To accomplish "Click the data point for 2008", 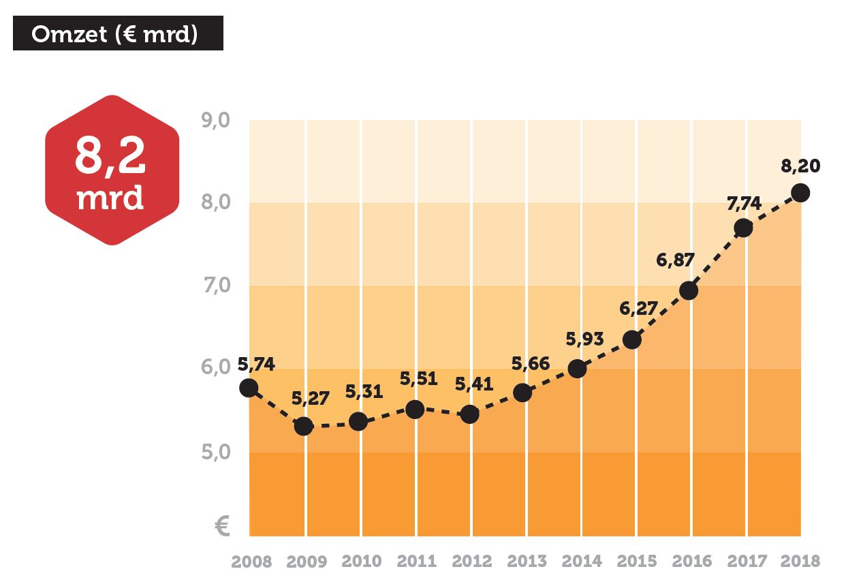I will pyautogui.click(x=249, y=388).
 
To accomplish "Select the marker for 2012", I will pyautogui.click(x=469, y=414).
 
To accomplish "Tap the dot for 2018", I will pyautogui.click(x=800, y=193).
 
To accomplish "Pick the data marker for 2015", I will pyautogui.click(x=632, y=339).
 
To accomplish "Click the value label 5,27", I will pyautogui.click(x=310, y=399).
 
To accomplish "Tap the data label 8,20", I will pyautogui.click(x=801, y=166).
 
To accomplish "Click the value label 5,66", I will pyautogui.click(x=531, y=363).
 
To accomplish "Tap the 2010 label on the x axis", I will pyautogui.click(x=362, y=562).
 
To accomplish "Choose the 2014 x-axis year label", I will pyautogui.click(x=582, y=562).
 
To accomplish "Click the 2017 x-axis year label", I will pyautogui.click(x=747, y=562).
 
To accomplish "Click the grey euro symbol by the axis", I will pyautogui.click(x=221, y=526).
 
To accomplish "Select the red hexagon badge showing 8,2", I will pyautogui.click(x=112, y=170).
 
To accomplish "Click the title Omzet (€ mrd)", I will pyautogui.click(x=118, y=33).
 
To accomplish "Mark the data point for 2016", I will pyautogui.click(x=689, y=291).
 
